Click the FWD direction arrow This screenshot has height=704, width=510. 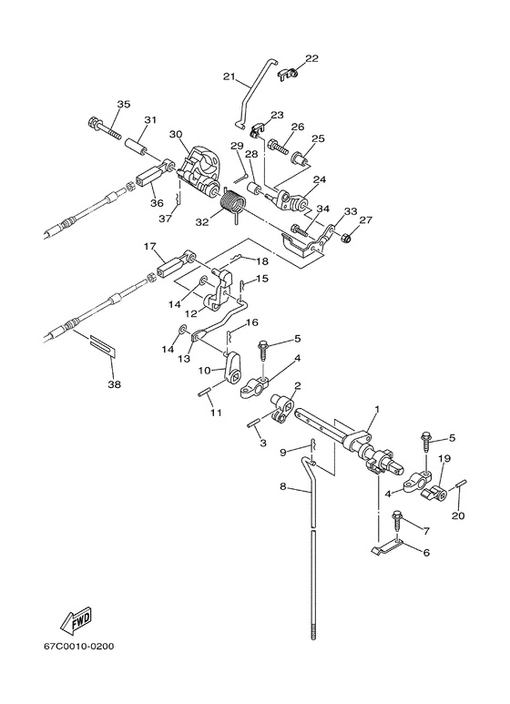[76, 620]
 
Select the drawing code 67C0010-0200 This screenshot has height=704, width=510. [78, 647]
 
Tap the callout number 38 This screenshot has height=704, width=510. [115, 384]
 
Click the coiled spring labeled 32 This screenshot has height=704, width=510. [233, 205]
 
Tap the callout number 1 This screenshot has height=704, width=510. [377, 409]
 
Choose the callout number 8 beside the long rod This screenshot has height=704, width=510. [283, 486]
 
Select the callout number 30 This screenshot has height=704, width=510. [176, 134]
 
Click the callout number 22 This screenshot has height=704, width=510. [312, 58]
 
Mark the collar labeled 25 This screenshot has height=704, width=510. [301, 158]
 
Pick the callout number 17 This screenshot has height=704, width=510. [149, 246]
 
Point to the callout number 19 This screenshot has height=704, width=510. [444, 458]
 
